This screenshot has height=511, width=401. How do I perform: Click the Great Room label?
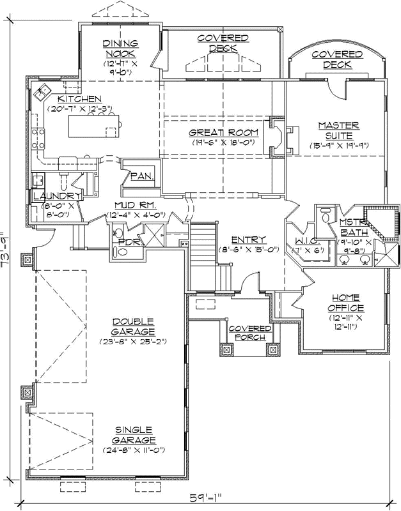(223, 133)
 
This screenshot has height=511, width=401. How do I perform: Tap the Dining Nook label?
(120, 49)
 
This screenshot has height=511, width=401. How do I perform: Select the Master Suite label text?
(339, 130)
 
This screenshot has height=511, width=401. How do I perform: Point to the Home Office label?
(346, 302)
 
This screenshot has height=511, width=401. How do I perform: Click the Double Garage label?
(133, 326)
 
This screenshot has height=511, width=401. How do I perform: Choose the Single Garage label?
(134, 435)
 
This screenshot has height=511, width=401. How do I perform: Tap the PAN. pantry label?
(142, 176)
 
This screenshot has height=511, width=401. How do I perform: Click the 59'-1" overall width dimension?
(206, 498)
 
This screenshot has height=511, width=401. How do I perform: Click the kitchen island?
(93, 126)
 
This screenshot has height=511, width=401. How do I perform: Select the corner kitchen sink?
(42, 91)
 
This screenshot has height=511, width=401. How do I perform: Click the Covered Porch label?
(250, 333)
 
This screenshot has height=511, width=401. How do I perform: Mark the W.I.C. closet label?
(308, 241)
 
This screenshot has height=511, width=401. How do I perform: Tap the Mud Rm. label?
(136, 205)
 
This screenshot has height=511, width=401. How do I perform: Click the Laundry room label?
(57, 196)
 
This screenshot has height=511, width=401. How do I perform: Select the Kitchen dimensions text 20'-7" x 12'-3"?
(80, 109)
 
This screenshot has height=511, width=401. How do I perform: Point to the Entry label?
(249, 240)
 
